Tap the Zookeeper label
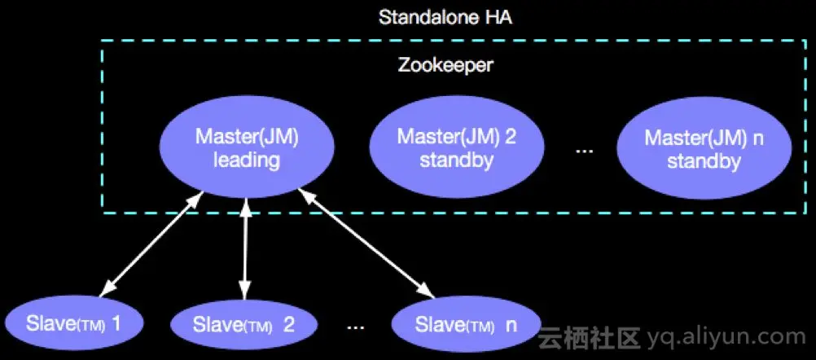coord(445,65)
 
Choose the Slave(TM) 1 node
coord(73,324)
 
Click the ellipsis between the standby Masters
coord(585,151)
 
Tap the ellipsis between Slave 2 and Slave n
coord(355,327)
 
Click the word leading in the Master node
coord(247,160)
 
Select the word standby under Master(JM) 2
coord(456,160)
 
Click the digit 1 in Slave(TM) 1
coord(116,324)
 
